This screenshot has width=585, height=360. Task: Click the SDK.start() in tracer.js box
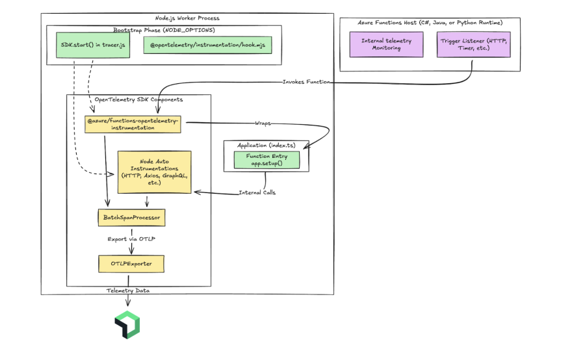click(92, 45)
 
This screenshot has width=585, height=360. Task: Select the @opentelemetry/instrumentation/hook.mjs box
click(207, 45)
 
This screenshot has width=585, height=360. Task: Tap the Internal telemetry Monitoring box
click(386, 45)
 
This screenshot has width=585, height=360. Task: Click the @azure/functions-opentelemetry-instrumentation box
click(133, 125)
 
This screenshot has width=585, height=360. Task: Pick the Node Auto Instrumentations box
click(155, 172)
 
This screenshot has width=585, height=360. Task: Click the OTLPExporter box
click(131, 264)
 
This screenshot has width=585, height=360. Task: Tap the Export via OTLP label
click(131, 240)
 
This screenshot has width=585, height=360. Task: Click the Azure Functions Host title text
click(430, 23)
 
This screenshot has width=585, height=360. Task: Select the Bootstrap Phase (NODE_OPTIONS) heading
click(163, 30)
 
